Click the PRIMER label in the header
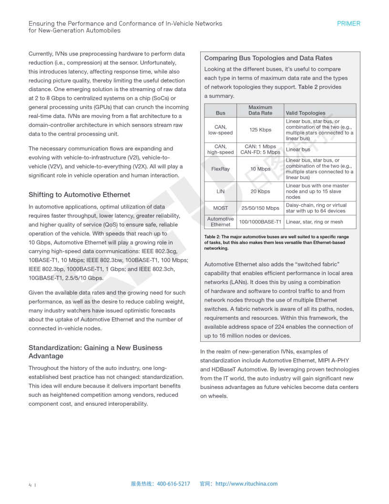[x=348, y=23]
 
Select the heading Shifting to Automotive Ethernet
[x=79, y=195]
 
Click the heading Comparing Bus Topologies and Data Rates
[x=268, y=58]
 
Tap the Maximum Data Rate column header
[x=260, y=110]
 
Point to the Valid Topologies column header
[x=306, y=113]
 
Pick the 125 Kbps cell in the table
[x=260, y=130]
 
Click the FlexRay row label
[x=220, y=169]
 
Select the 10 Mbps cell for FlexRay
[x=260, y=169]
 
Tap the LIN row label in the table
[x=220, y=191]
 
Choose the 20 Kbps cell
[x=260, y=191]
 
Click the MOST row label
[x=220, y=208]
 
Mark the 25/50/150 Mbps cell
[x=260, y=208]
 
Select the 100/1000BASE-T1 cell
[x=260, y=222]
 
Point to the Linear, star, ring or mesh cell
[x=315, y=222]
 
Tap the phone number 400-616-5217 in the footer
[x=174, y=484]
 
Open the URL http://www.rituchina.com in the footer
[x=246, y=484]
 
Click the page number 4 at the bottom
[x=30, y=485]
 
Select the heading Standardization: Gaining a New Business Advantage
[x=95, y=352]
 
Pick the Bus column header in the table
[x=220, y=113]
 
